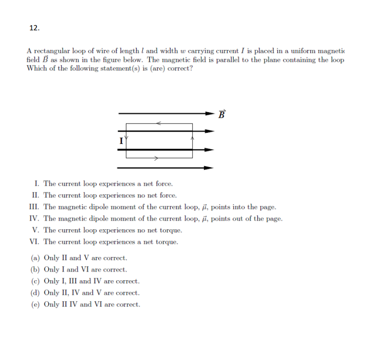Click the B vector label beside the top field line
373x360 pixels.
[x=221, y=114]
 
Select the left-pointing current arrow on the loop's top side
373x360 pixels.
[x=159, y=123]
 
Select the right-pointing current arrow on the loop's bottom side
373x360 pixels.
[x=159, y=158]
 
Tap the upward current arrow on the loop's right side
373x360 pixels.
[x=192, y=138]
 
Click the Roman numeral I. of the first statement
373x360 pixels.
[x=37, y=184]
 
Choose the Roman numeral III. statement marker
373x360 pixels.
[x=35, y=207]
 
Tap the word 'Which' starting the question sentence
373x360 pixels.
[x=36, y=69]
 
